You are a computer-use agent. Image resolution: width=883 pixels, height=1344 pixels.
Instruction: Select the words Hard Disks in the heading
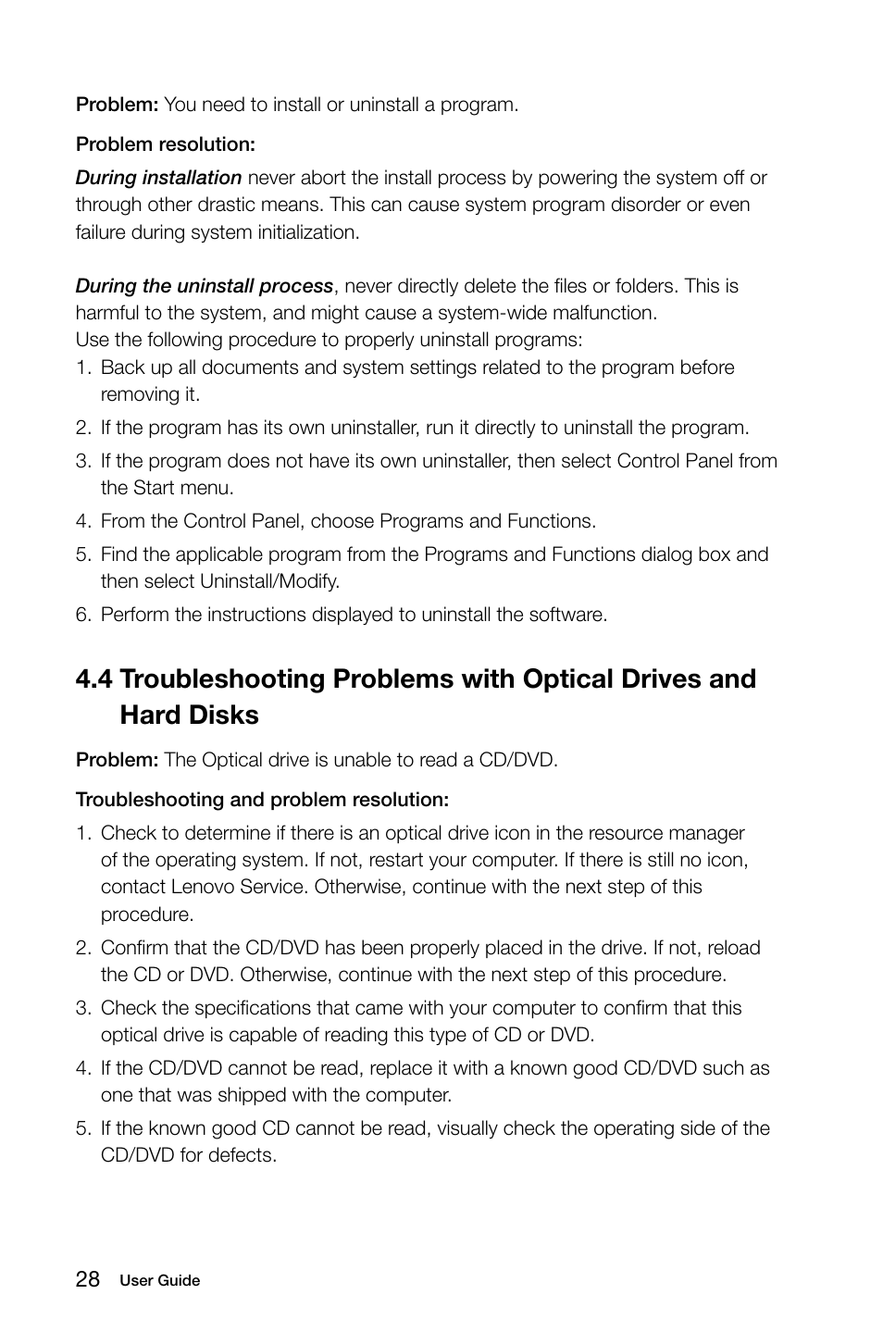click(189, 716)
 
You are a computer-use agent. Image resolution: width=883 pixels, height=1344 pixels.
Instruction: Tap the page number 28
click(88, 1279)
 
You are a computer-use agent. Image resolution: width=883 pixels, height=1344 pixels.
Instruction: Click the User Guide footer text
click(159, 1281)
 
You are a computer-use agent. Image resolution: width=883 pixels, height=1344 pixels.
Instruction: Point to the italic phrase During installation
click(158, 178)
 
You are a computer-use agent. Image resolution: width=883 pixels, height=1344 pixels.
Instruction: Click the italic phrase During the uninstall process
click(204, 286)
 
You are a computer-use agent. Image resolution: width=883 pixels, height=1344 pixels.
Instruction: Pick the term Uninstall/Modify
click(269, 581)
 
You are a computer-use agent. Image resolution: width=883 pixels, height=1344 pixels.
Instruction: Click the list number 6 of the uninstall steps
click(82, 615)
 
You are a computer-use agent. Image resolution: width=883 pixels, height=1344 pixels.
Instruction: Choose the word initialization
click(304, 232)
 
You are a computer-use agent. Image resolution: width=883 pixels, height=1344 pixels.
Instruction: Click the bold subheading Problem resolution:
click(165, 144)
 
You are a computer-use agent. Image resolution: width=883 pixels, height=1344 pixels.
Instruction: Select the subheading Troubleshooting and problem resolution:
click(262, 799)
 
